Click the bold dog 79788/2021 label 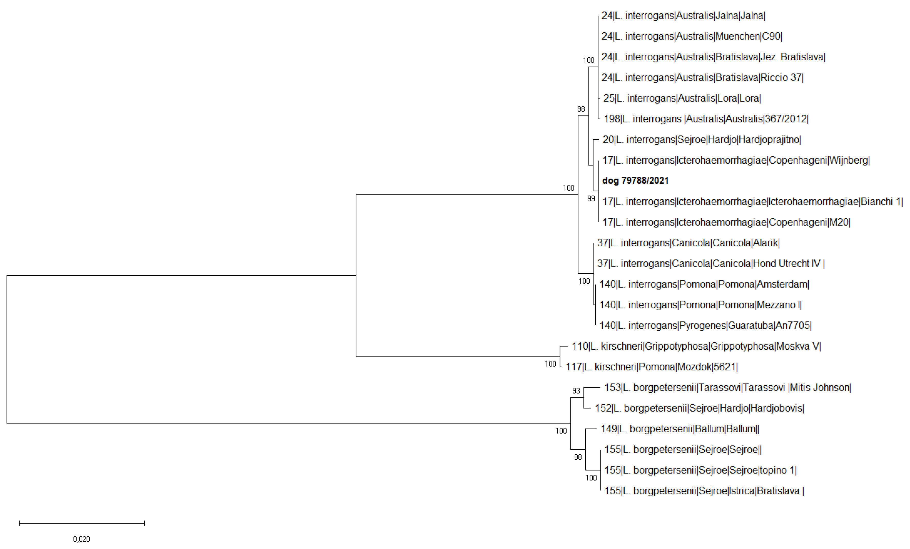tap(635, 181)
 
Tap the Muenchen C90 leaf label tap(692, 36)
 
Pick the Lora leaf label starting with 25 tap(682, 98)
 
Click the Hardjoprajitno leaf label tap(702, 140)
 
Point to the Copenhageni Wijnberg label tap(736, 161)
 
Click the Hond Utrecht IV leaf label tap(711, 264)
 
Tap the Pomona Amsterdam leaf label tap(704, 284)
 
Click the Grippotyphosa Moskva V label tap(696, 346)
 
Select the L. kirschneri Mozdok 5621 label tap(652, 367)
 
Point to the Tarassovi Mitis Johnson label tap(728, 388)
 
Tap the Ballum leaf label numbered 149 tap(680, 429)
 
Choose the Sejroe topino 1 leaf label tap(701, 470)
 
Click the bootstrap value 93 tap(576, 391)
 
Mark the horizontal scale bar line tap(82, 523)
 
